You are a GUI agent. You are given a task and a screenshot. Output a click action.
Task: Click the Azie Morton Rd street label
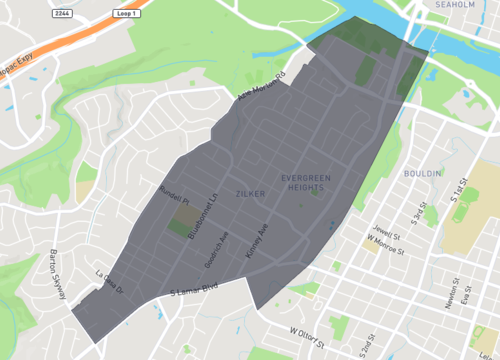[x=262, y=88]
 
